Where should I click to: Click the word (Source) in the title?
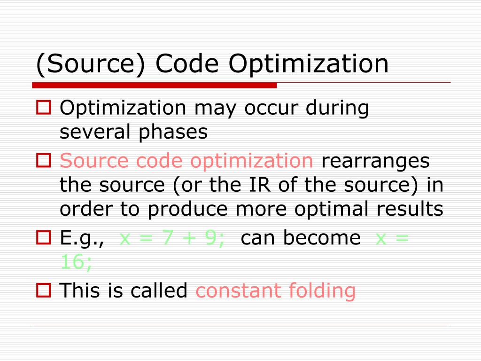91,64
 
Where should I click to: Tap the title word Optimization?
309,64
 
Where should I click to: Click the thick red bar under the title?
155,86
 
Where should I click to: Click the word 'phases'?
173,133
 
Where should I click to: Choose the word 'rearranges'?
375,161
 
